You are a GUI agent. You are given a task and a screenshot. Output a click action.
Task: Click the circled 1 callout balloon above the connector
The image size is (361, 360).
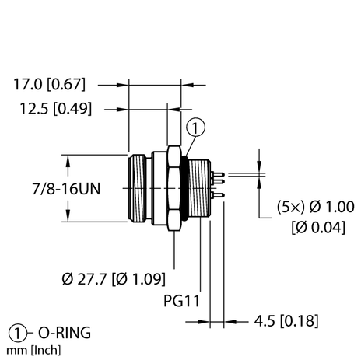[197, 126]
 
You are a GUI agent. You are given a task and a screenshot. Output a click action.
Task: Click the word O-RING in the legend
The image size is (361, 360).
[64, 333]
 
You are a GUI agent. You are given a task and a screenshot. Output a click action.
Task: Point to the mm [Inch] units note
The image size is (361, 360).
[32, 349]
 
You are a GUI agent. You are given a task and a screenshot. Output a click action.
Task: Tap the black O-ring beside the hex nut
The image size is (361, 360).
[184, 189]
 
